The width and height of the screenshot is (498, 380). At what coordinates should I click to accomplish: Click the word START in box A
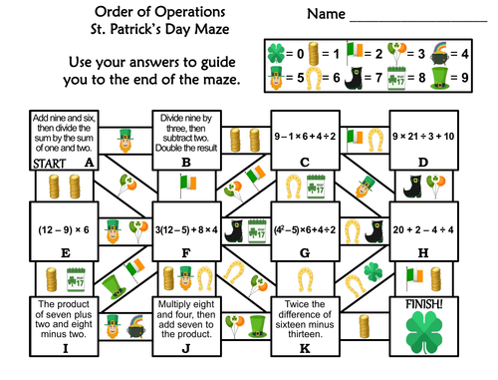point(23,162)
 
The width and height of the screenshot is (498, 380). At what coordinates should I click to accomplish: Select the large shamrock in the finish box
point(430,336)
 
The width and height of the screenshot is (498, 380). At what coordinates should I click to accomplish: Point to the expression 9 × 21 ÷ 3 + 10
point(429,136)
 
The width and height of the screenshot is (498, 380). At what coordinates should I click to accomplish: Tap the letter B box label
point(186,162)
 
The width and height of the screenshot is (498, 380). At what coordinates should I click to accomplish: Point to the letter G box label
point(307,253)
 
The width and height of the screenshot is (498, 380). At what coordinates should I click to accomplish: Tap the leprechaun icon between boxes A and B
point(124,137)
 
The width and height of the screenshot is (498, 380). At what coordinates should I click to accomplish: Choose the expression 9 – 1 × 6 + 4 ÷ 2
point(307,136)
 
